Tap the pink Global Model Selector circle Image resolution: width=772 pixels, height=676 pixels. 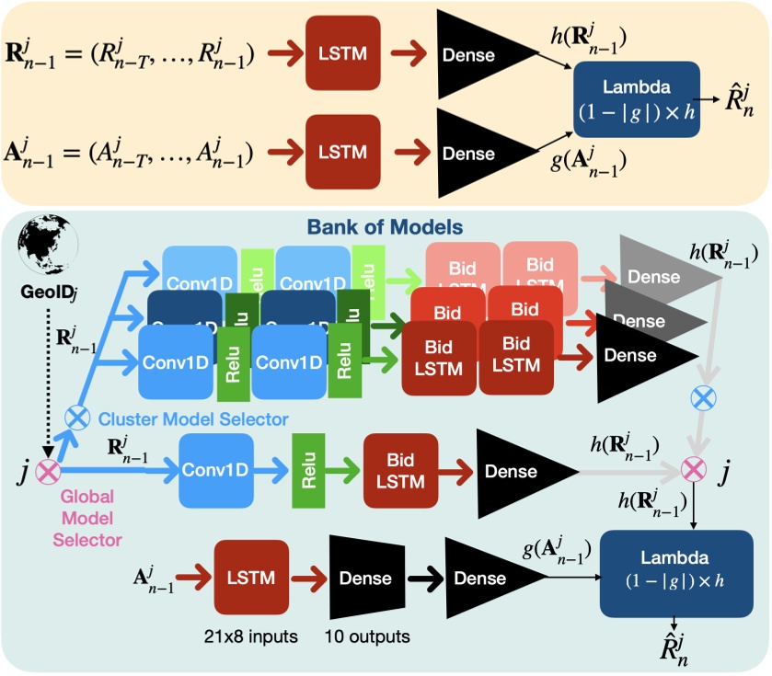pos(47,474)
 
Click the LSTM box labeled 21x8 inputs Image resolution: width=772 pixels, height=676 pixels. pos(251,577)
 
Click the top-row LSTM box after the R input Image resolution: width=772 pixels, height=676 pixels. pos(343,52)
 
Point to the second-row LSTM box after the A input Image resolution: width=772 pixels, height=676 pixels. pos(343,150)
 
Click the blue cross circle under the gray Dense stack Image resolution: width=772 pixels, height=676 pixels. pos(704,397)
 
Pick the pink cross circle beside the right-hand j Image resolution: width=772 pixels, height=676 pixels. pos(692,472)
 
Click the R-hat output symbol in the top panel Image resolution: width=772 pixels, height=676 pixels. pos(728,97)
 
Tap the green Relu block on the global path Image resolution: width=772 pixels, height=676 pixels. pos(310,471)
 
